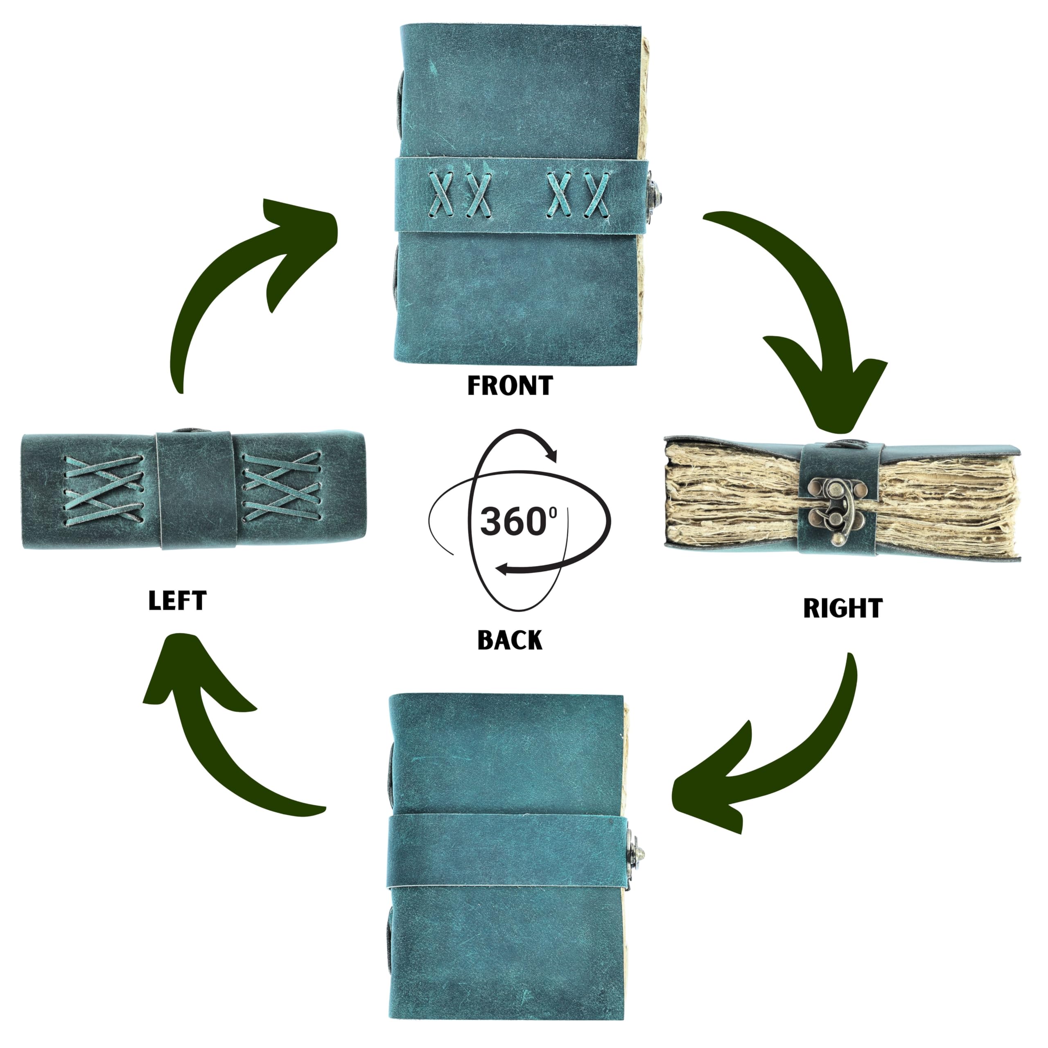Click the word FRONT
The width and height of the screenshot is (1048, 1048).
(510, 386)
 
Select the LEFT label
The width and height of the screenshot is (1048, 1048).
(177, 601)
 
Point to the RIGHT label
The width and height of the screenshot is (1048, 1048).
(842, 609)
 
